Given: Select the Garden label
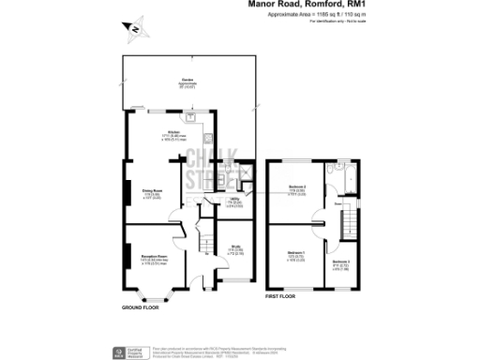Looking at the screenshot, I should (187, 82).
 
